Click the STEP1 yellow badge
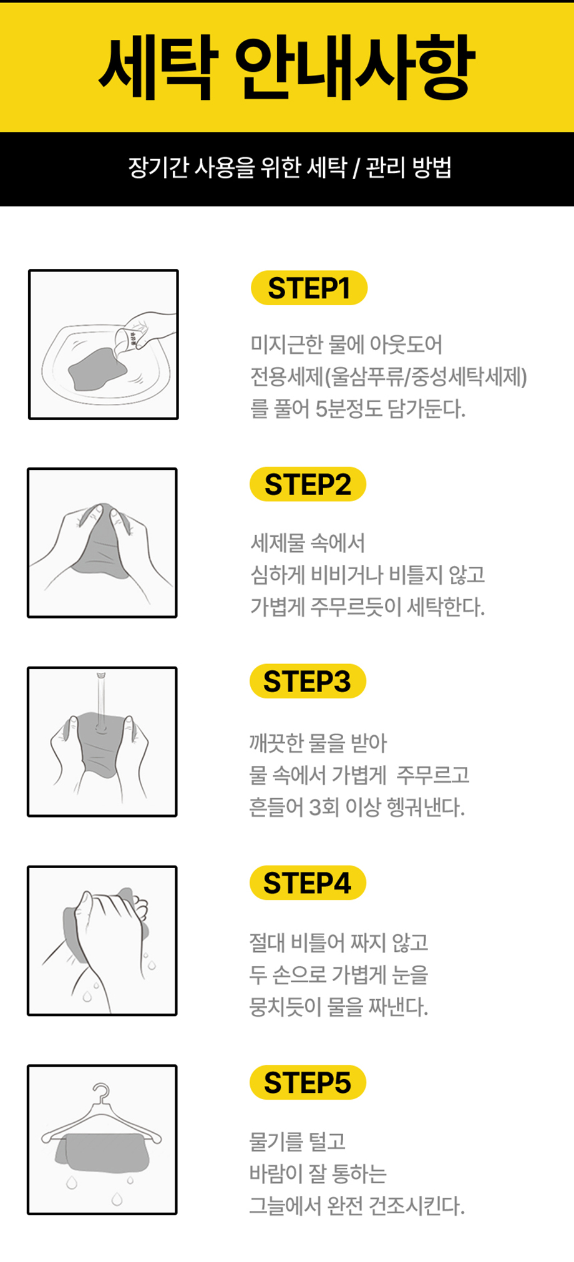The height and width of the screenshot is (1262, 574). (x=309, y=288)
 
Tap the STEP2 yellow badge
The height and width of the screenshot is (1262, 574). (x=308, y=484)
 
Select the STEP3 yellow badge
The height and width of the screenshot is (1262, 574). (x=308, y=681)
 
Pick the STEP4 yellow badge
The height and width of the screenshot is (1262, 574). (x=308, y=883)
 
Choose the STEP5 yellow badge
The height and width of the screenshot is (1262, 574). (x=308, y=1082)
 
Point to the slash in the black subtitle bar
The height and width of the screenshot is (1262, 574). (x=356, y=168)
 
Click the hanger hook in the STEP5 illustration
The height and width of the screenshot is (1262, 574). (x=101, y=1092)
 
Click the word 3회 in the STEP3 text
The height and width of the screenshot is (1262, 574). (x=324, y=807)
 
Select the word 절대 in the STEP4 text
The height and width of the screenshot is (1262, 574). (x=267, y=942)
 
